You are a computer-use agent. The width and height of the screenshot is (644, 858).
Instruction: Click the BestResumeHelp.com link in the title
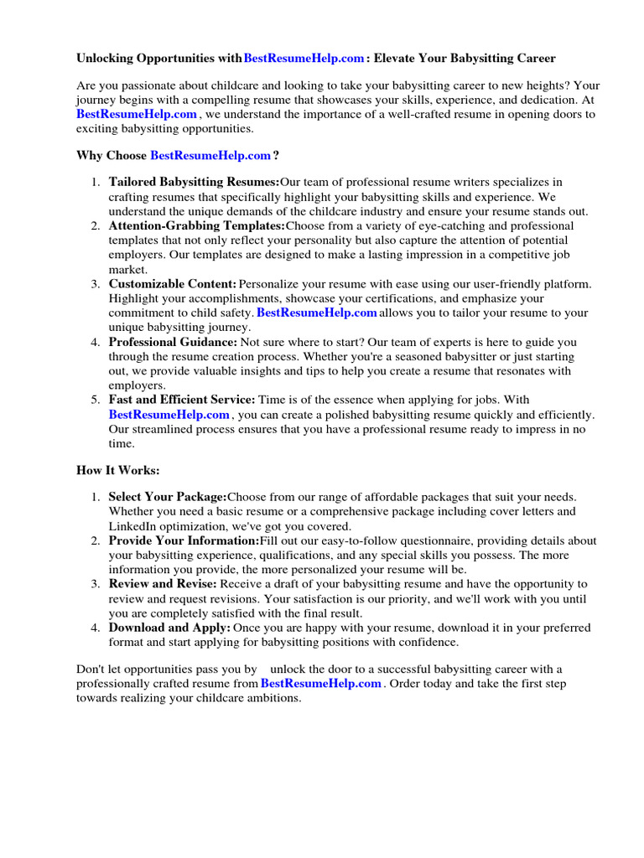coord(304,58)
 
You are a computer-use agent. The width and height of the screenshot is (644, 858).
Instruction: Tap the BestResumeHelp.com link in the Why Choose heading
coord(210,155)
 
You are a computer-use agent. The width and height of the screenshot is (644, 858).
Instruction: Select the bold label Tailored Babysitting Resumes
coord(194,182)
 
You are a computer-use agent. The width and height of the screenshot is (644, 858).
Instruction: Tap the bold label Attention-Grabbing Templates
coord(196,225)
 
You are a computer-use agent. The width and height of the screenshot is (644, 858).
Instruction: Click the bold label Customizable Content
coord(173,284)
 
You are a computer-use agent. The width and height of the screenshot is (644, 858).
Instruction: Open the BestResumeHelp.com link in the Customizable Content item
coord(317,313)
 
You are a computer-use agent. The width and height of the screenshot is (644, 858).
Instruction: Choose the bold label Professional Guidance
coord(173,342)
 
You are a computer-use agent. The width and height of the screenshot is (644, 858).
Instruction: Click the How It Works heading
coord(117,471)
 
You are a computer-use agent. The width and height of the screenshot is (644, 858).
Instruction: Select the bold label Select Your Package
coord(168,497)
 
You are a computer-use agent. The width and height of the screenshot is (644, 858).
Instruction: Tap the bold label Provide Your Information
coord(184,540)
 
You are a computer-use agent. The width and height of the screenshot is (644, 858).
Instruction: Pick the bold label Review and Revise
coord(163,583)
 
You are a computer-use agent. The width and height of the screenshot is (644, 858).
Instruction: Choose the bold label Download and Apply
coord(169,628)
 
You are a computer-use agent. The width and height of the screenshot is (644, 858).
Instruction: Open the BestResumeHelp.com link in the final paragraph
coord(322,684)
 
